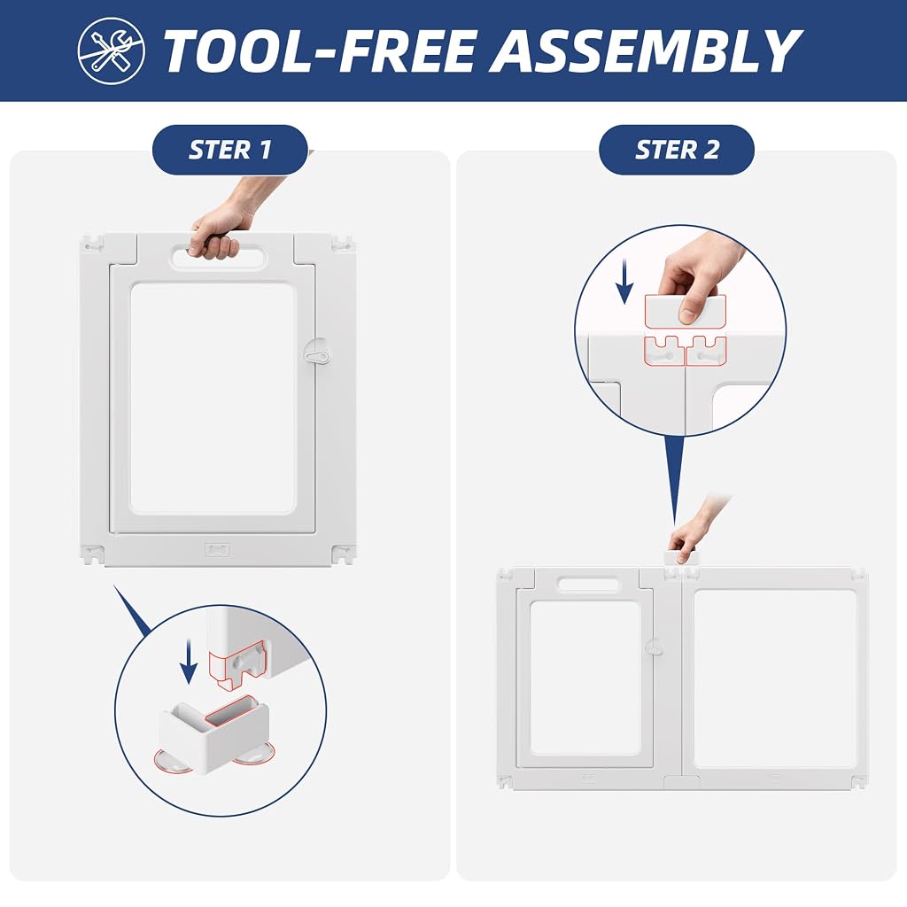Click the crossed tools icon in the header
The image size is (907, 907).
point(111,50)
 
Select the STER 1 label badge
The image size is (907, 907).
point(229,150)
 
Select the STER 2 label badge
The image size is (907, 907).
point(677,150)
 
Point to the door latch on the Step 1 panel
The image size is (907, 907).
point(316,351)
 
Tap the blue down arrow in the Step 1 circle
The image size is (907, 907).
point(189,661)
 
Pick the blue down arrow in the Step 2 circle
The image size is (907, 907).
point(624,282)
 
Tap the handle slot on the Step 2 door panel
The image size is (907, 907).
point(588,584)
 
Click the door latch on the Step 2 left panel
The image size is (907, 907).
point(655,647)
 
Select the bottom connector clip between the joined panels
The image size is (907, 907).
point(681,783)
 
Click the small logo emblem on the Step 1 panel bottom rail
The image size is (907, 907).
point(217,549)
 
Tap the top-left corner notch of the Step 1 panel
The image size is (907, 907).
point(92,244)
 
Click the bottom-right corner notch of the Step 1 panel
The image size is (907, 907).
point(343,554)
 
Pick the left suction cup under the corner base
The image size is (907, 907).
point(172,762)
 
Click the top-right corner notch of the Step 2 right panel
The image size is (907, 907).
point(858,574)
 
